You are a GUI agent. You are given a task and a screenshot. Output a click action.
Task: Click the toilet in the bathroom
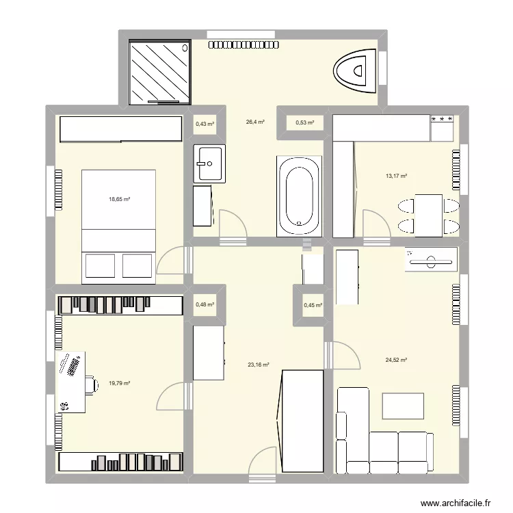pos(355,69)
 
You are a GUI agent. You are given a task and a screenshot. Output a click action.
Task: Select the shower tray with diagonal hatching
pos(159,70)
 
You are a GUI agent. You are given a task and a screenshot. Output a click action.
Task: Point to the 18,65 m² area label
pos(119,200)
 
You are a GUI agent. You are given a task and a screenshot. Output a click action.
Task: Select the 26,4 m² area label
pos(255,122)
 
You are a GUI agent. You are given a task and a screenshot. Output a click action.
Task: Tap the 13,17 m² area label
pos(396,176)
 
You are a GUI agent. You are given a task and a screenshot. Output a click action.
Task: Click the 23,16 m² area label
pos(258,365)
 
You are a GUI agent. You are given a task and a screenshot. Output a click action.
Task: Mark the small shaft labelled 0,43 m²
pos(205,124)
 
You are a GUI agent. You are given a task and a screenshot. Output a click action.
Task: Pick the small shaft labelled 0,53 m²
pos(304,123)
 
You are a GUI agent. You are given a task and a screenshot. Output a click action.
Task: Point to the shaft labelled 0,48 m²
pos(205,305)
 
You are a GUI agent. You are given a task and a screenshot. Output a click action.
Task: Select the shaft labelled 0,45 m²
pos(313,306)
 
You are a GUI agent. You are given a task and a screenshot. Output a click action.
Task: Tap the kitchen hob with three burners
pos(442,120)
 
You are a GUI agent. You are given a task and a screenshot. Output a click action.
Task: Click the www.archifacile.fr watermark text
pos(456,503)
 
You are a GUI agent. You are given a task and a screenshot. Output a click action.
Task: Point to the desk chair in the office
pos(90,384)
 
